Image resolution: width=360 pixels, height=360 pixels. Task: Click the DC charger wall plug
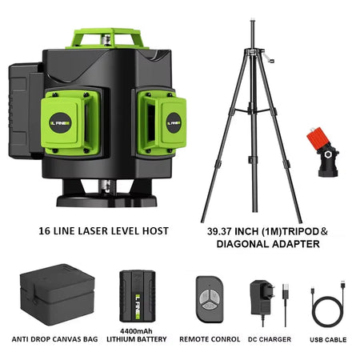click(263, 298)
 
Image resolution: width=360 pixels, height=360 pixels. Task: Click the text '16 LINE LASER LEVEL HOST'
click(103, 231)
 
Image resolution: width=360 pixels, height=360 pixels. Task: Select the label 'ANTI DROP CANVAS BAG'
click(54, 339)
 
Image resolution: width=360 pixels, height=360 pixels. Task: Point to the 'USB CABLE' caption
click(328, 339)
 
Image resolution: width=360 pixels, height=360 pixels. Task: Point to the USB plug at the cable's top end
click(343, 285)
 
